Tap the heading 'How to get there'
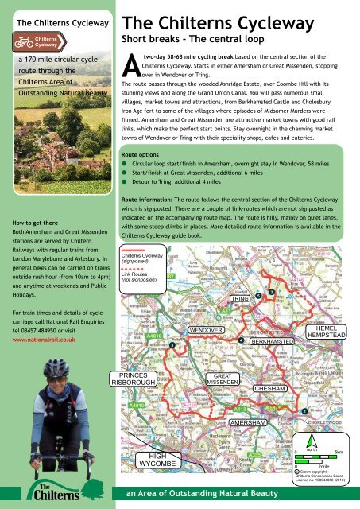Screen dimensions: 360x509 click(x=32, y=226)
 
